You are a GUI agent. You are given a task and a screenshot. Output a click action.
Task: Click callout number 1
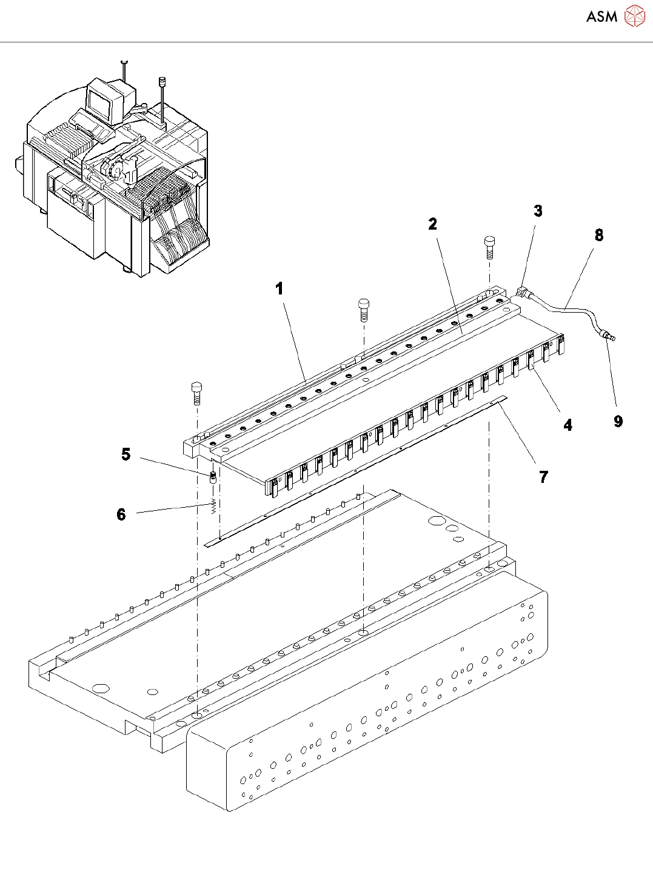(280, 289)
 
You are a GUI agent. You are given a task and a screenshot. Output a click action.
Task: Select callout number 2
(432, 224)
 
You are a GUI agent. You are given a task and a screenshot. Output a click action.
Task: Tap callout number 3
(538, 211)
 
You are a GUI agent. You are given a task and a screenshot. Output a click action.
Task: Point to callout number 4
(568, 425)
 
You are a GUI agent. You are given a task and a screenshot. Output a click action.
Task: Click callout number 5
(126, 454)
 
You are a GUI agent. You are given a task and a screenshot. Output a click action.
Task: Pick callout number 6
(121, 514)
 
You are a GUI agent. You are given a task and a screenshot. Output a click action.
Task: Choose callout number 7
(543, 477)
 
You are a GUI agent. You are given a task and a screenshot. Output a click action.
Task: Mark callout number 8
(599, 235)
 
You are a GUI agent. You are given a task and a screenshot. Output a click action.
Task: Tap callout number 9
(618, 421)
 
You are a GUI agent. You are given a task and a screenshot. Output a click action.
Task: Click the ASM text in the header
(601, 16)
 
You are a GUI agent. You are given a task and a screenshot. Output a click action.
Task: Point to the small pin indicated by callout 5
(213, 476)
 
